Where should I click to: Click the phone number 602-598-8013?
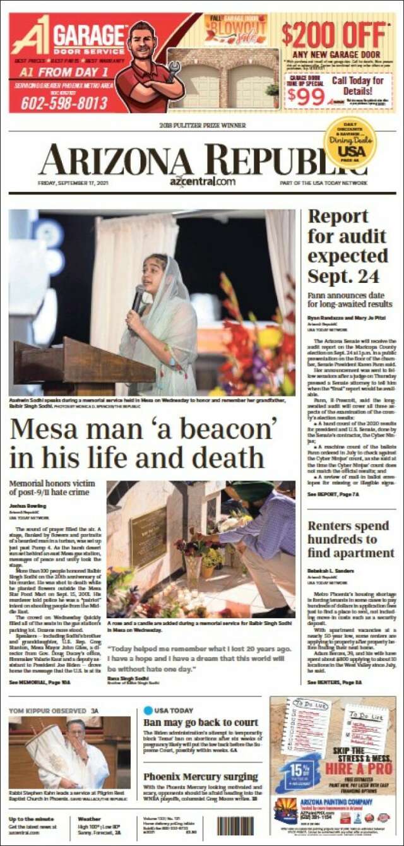click(64, 103)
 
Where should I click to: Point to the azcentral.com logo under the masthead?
click(202, 182)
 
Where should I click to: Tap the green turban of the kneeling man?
click(251, 490)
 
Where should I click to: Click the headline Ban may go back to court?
click(201, 722)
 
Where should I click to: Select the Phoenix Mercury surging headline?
click(201, 777)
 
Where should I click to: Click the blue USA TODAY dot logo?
click(148, 710)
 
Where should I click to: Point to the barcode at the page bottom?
click(235, 826)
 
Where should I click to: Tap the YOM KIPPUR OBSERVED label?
click(46, 711)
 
